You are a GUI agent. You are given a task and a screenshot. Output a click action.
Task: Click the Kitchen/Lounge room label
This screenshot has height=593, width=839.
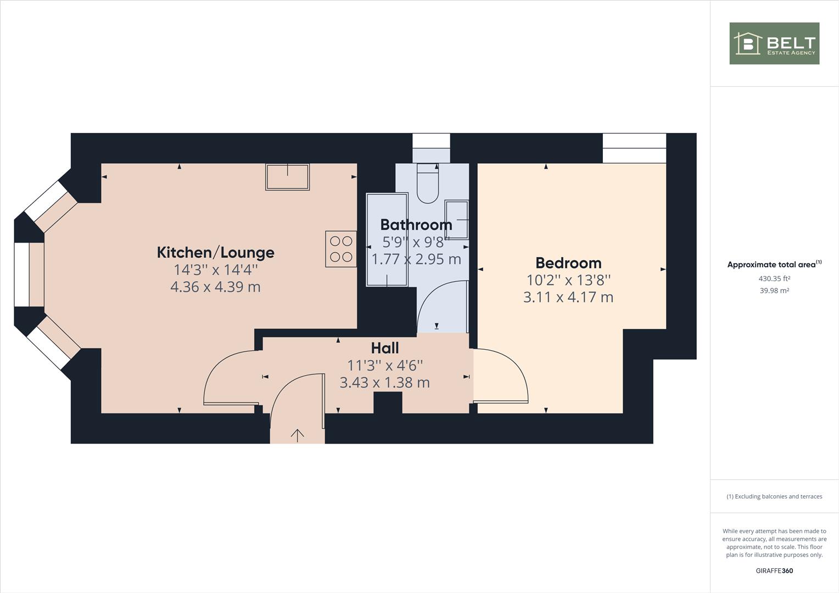click(215, 253)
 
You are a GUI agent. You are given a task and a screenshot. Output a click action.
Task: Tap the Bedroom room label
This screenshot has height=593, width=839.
click(568, 263)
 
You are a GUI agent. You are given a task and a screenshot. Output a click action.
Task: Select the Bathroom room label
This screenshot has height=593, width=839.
click(416, 225)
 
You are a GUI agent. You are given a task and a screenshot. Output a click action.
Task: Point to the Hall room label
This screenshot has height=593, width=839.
click(385, 348)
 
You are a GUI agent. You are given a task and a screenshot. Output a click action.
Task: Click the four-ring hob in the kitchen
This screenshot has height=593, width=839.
click(341, 249)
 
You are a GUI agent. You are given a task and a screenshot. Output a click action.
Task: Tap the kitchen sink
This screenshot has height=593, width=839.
click(287, 177)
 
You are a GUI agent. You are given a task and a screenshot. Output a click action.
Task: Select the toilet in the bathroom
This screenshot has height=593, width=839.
click(428, 183)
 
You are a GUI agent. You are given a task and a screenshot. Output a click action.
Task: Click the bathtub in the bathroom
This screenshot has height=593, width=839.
click(387, 240)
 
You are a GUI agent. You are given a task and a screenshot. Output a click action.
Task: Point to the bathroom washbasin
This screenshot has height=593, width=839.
click(457, 220)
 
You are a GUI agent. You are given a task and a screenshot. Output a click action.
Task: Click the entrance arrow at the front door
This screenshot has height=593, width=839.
click(298, 435)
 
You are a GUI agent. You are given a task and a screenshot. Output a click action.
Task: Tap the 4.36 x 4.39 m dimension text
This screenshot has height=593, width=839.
click(215, 287)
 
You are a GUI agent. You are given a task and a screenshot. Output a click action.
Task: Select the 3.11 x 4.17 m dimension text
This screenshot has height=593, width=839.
click(568, 298)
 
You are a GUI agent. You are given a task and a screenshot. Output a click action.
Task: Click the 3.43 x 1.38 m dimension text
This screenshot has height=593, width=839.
click(385, 383)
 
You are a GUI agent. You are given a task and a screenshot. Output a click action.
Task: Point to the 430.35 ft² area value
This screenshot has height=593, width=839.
click(774, 278)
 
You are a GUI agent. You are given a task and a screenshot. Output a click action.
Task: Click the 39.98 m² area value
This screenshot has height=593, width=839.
click(774, 290)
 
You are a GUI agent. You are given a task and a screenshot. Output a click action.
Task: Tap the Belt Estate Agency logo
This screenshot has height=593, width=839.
click(774, 43)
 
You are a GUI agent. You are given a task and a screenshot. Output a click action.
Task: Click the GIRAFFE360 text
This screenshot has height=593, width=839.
click(774, 570)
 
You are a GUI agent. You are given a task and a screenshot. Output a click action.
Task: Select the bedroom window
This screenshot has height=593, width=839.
click(634, 148)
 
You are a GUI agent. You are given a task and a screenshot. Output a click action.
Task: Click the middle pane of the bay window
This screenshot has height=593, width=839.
click(29, 275)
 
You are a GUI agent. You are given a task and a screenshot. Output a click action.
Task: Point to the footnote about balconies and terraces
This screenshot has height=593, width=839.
click(774, 496)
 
